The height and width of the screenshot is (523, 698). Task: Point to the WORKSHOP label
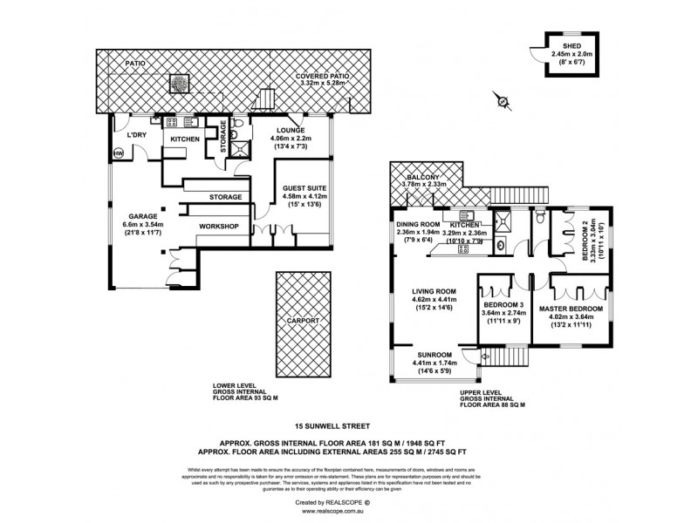(x=218, y=225)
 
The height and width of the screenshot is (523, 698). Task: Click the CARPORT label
(x=298, y=321)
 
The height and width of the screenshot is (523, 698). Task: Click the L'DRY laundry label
(x=135, y=135)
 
